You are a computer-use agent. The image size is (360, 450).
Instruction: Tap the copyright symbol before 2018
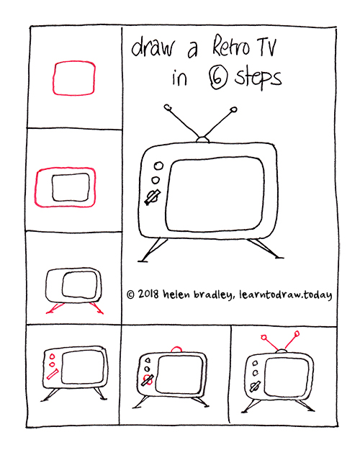pyautogui.click(x=130, y=294)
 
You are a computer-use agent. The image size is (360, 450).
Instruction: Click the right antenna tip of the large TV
pyautogui.click(x=233, y=110)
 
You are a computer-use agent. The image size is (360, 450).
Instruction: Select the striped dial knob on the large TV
pyautogui.click(x=152, y=197)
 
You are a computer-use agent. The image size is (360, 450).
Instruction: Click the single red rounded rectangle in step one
pyautogui.click(x=73, y=78)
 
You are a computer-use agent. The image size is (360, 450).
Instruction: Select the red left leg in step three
pyautogui.click(x=52, y=308)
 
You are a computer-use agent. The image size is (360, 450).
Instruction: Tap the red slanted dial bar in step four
pyautogui.click(x=53, y=374)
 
